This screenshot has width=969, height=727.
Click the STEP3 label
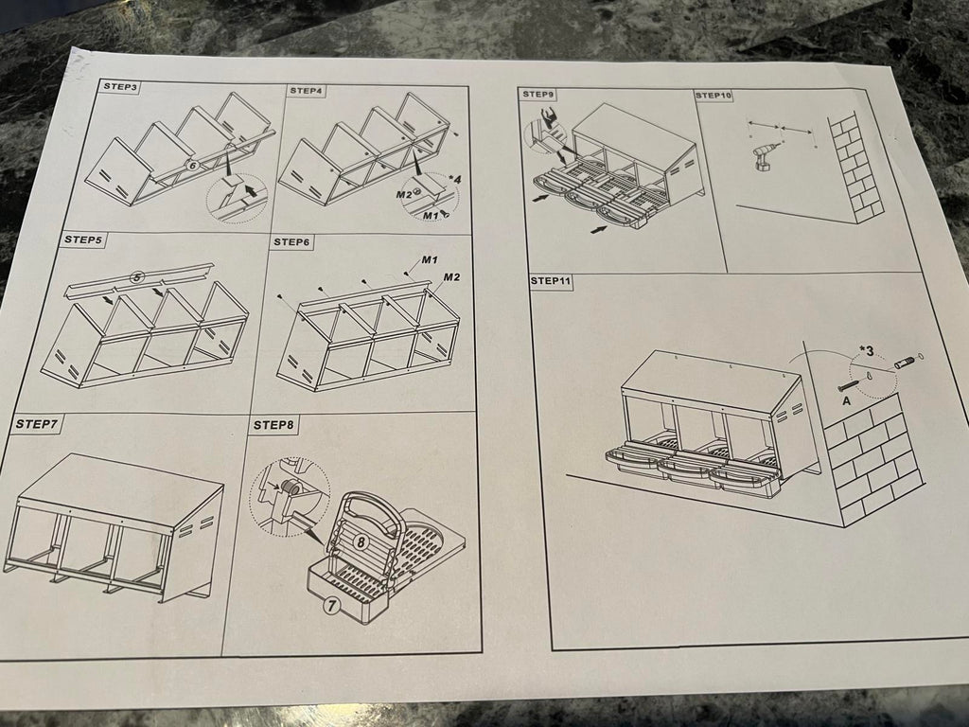(120, 86)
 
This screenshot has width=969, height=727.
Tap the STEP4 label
(306, 91)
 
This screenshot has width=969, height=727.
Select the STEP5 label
(83, 239)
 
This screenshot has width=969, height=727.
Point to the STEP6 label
(291, 241)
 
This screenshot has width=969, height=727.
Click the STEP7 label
(37, 424)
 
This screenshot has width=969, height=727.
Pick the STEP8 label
(273, 425)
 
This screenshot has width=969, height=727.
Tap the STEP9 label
(538, 94)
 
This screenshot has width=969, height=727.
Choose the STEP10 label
(714, 96)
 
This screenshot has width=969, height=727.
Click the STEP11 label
(552, 281)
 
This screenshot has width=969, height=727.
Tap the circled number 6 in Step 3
(191, 166)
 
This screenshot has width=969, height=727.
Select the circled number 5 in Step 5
(138, 277)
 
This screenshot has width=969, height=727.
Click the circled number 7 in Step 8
(332, 605)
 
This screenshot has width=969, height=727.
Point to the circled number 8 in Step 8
(361, 542)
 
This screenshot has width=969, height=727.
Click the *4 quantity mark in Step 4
(454, 179)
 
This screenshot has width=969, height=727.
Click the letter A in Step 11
(847, 400)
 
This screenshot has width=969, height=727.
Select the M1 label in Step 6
(431, 259)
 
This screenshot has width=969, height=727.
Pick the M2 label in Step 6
(451, 277)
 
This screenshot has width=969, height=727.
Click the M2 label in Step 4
(404, 195)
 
